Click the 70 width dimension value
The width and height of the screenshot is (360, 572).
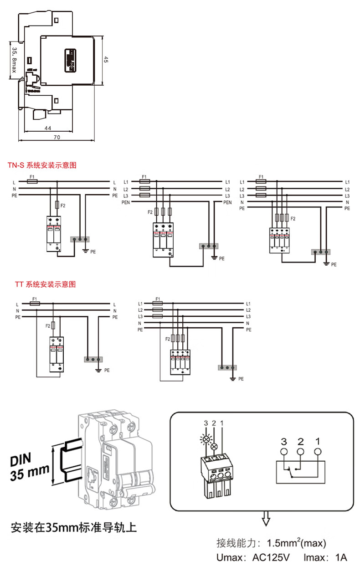[57, 137]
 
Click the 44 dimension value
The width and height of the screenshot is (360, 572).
[48, 129]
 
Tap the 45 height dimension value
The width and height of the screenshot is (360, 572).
[106, 60]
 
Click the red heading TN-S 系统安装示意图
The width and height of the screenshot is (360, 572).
[41, 165]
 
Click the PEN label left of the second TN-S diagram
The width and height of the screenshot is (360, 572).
[126, 202]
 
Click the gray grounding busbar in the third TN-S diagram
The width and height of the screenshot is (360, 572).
[321, 252]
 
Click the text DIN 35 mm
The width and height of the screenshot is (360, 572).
[29, 467]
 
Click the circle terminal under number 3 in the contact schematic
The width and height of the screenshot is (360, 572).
[284, 452]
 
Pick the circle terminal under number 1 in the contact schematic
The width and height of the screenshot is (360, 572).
[318, 452]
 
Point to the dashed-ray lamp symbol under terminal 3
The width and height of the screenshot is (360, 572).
[206, 439]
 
